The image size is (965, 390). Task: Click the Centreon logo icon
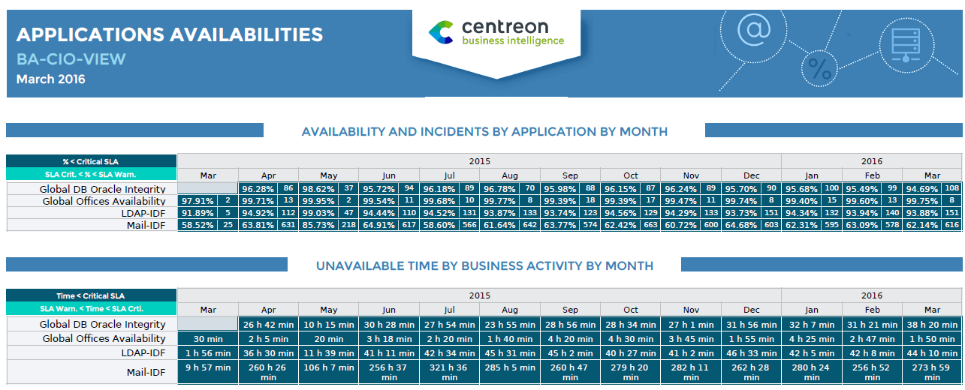(x=441, y=32)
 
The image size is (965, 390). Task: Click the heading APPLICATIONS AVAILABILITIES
(x=170, y=34)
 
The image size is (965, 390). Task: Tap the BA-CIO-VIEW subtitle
(x=71, y=59)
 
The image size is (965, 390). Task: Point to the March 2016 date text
(x=51, y=79)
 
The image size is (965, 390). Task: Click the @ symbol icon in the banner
(x=753, y=29)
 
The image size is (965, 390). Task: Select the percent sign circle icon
(x=819, y=69)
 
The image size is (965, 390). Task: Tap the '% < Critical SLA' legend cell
(x=91, y=161)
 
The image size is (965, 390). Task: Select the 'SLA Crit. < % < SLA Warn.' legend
(x=91, y=174)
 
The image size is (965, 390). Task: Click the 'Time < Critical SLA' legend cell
(x=91, y=295)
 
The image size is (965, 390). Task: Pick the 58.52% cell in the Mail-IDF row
(x=196, y=225)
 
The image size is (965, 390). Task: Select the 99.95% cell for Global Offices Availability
(x=318, y=201)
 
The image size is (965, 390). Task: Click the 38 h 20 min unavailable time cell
(x=931, y=324)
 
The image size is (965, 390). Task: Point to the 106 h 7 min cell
(x=329, y=367)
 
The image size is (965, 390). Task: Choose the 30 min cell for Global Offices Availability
(x=208, y=338)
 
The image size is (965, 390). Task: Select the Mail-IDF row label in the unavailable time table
(x=146, y=370)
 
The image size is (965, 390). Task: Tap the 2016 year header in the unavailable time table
(x=871, y=295)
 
